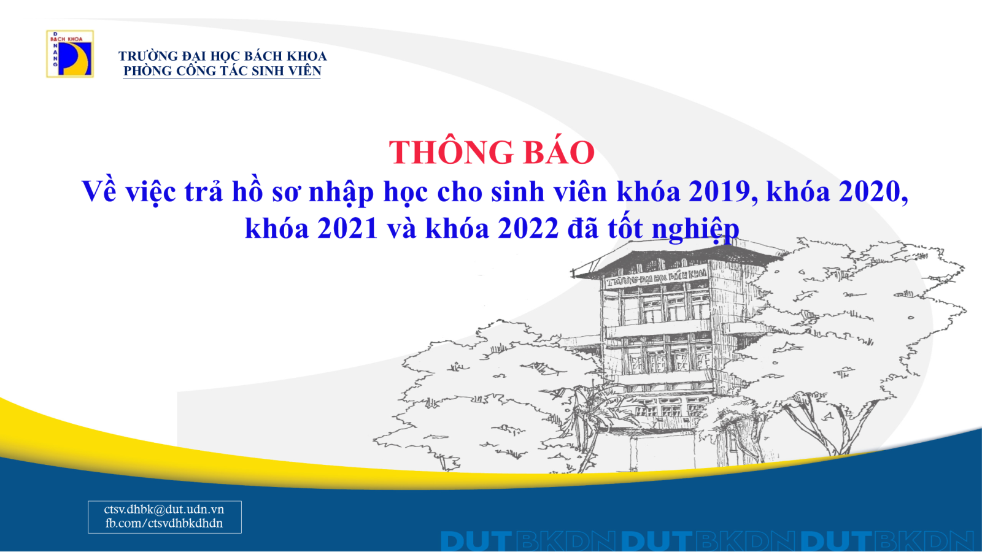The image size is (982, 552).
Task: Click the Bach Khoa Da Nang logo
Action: click(x=70, y=54)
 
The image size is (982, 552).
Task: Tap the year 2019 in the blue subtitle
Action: click(x=719, y=191)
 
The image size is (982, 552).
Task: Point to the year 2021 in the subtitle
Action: click(x=347, y=228)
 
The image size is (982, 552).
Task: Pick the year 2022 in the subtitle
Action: click(x=528, y=228)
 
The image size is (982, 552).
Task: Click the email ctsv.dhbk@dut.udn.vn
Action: click(x=164, y=509)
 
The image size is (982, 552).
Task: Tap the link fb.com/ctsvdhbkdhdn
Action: click(x=164, y=523)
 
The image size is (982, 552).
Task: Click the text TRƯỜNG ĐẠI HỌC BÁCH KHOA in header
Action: click(x=222, y=56)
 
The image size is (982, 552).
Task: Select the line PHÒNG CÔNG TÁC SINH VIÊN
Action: click(x=222, y=71)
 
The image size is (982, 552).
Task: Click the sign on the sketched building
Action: click(x=656, y=277)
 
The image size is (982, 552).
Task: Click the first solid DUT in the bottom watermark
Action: click(x=476, y=541)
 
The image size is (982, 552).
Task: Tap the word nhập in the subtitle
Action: click(x=341, y=193)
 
